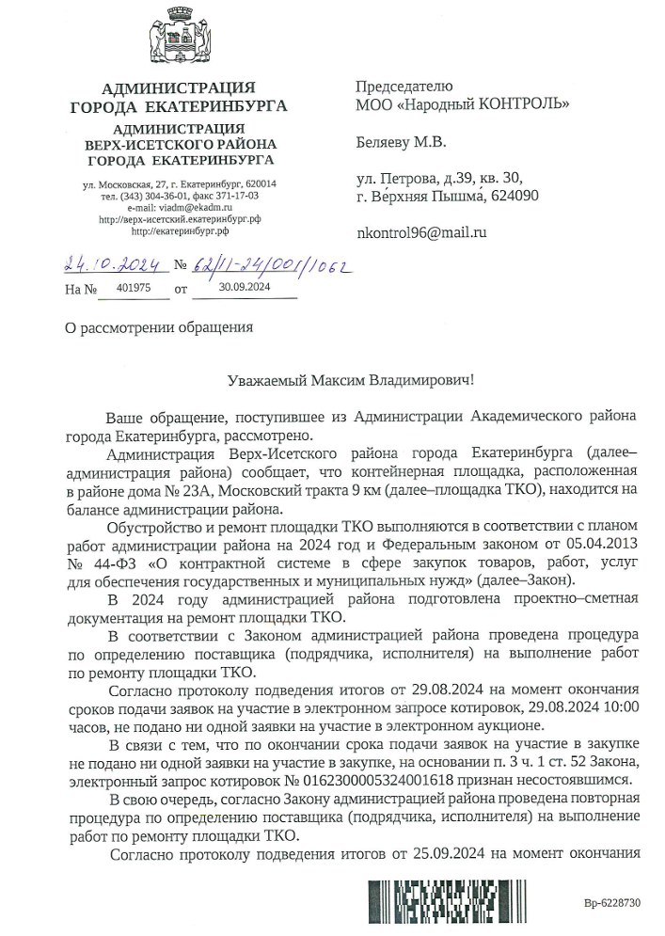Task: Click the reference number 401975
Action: tap(131, 289)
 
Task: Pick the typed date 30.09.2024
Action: tap(244, 289)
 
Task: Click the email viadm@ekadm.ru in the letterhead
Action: tap(192, 207)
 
